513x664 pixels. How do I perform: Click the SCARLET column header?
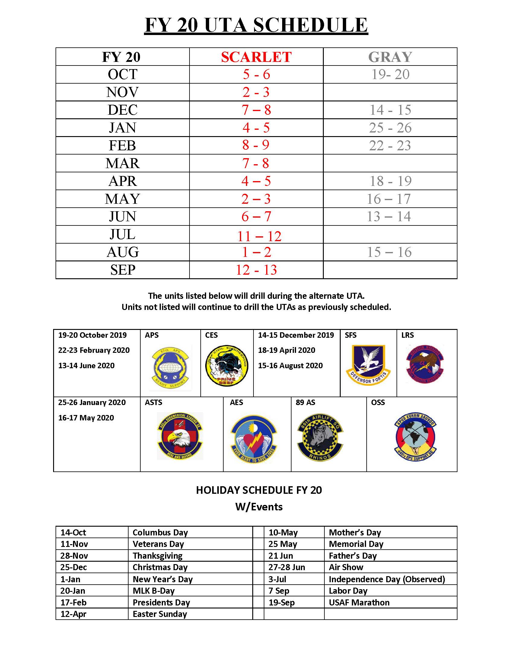click(x=256, y=57)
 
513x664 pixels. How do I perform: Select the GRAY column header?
click(x=390, y=57)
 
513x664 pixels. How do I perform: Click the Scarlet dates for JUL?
click(x=259, y=236)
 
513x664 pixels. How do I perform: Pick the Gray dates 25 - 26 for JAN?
click(x=390, y=128)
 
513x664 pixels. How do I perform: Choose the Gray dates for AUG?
click(x=389, y=252)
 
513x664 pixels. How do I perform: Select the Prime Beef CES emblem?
click(x=226, y=366)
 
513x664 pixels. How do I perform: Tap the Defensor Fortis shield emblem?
click(x=368, y=365)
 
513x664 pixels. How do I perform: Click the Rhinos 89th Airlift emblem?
click(x=320, y=437)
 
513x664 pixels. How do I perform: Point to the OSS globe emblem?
click(x=415, y=437)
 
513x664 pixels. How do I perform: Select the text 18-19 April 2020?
click(x=287, y=350)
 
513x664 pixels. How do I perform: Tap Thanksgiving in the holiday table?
click(x=158, y=556)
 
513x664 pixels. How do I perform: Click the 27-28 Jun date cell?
click(x=287, y=567)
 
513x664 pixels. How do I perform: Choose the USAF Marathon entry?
click(x=359, y=603)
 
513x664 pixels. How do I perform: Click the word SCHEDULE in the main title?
click(x=310, y=25)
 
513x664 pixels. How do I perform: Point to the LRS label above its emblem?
click(x=407, y=335)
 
